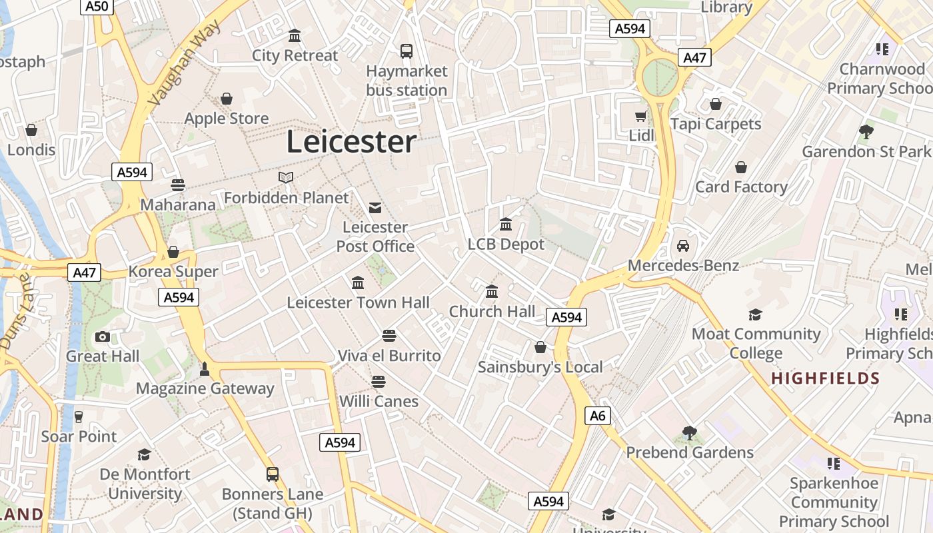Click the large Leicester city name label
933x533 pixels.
[351, 142]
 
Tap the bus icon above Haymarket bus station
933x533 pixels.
[406, 51]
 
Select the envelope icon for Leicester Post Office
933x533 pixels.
[375, 208]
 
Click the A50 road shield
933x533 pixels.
[97, 7]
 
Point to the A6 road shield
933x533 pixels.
[598, 416]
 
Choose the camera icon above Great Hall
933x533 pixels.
[103, 336]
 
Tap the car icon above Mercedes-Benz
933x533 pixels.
[683, 246]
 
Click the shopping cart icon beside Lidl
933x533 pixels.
[640, 117]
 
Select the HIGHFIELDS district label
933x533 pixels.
[826, 379]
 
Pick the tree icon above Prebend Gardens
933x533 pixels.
[690, 433]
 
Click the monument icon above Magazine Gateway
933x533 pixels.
[205, 368]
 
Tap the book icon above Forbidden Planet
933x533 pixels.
[286, 178]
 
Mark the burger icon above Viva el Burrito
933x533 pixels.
[389, 335]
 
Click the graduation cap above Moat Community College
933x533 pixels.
[755, 314]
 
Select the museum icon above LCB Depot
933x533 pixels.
[506, 225]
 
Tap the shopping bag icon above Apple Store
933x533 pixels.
[227, 99]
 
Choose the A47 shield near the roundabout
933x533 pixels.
[694, 57]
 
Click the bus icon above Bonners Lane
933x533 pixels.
[273, 474]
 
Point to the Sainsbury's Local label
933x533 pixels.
[540, 367]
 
